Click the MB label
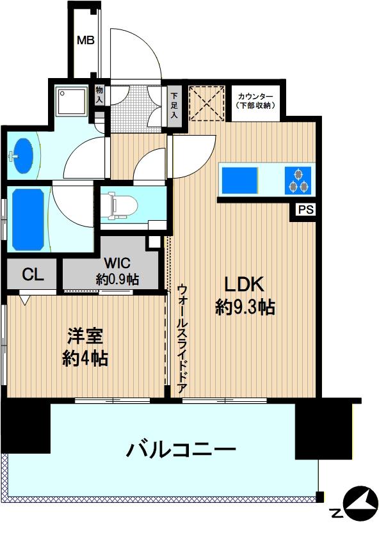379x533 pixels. coord(86,40)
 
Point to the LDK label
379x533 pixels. coord(244,283)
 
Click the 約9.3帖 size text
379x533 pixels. coord(245,308)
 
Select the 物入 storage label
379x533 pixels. coord(99,96)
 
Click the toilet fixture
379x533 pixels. coord(122,204)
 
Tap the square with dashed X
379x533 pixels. coord(206,102)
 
